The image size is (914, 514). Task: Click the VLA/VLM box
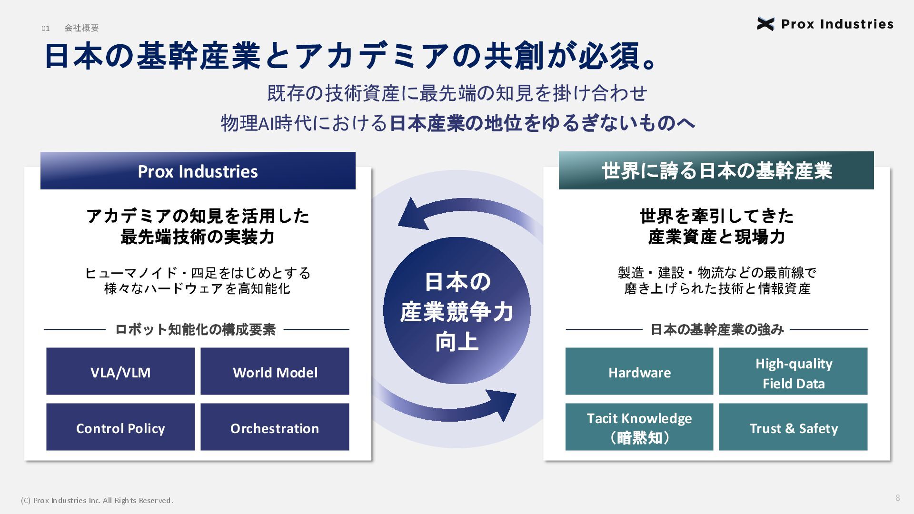point(120,371)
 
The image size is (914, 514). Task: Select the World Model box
point(275,371)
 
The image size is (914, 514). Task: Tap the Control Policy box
point(120,427)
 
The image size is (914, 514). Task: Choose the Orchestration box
point(275,427)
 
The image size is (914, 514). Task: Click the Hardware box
point(639,371)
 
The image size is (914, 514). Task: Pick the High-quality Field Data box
point(793,371)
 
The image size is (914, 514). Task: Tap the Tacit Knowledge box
point(639,427)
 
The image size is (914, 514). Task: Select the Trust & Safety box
point(793,427)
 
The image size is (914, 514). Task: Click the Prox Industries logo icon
point(765,24)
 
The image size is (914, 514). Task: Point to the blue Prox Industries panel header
point(198,171)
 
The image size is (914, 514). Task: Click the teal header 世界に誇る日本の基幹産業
point(716,170)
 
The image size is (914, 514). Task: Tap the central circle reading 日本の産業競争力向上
point(457,311)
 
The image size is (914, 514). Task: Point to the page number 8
point(898,498)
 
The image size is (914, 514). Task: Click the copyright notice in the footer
point(97,501)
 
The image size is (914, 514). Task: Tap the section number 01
point(46,29)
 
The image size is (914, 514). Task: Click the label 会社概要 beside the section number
point(82,28)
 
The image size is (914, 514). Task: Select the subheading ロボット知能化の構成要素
point(195,329)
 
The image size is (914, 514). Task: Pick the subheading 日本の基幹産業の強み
point(717,329)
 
